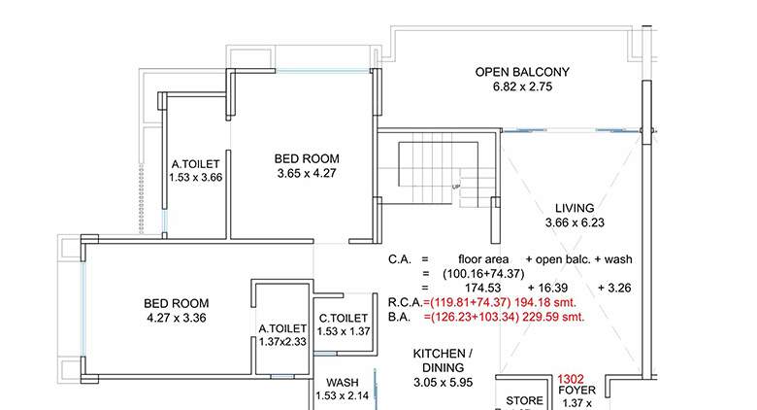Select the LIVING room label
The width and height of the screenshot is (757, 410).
(x=574, y=209)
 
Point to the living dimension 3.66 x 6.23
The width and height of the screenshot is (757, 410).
(x=574, y=224)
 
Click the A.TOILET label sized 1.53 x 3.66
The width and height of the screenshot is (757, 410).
(x=196, y=164)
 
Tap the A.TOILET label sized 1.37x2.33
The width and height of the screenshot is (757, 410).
(x=282, y=328)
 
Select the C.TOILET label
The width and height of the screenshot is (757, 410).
(x=344, y=318)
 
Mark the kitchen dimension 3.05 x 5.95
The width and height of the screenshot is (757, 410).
(x=443, y=384)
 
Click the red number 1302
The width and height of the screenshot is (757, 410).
(x=571, y=381)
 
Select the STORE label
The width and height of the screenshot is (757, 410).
(x=524, y=400)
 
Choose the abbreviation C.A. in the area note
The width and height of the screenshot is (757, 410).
(x=401, y=259)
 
